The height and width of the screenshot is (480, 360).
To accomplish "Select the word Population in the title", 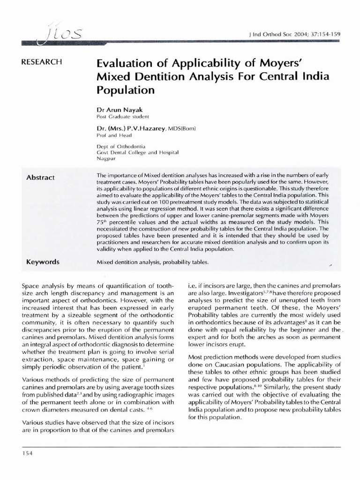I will tap(125, 89).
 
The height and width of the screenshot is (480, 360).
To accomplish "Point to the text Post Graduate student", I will tap(122, 116).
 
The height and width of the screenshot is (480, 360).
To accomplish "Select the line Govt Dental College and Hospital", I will tap(138, 153).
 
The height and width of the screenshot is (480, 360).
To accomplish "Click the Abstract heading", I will tap(40, 177).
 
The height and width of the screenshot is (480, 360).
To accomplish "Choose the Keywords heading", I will tap(43, 262).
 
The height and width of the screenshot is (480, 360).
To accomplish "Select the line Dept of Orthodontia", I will tap(120, 146).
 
